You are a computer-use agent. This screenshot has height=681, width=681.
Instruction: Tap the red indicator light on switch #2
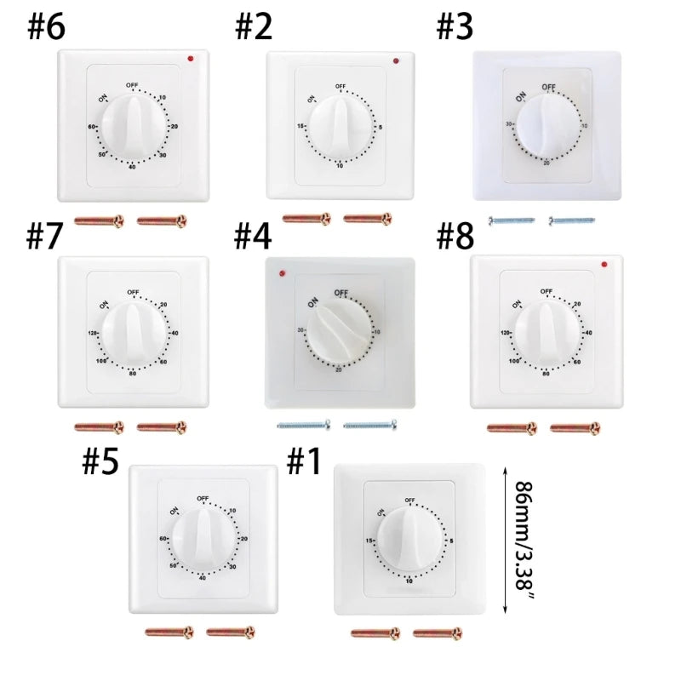click(395, 61)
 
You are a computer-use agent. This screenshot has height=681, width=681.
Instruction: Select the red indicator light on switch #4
click(280, 273)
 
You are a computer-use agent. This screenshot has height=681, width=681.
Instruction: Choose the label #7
click(45, 237)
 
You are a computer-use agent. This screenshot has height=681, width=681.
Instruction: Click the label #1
click(304, 462)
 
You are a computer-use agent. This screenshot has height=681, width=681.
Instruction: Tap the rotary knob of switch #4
click(340, 329)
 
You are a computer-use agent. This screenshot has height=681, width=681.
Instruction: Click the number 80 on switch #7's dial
click(133, 372)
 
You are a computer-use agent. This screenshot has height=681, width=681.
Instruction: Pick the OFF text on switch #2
click(340, 87)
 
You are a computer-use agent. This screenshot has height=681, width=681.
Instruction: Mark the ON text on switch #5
click(175, 512)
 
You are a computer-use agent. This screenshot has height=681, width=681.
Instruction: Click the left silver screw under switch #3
click(511, 220)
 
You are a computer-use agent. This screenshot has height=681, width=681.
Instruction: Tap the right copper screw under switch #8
click(575, 426)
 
